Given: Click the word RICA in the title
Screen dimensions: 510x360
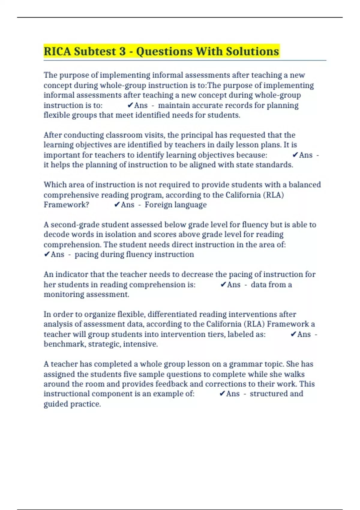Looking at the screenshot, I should (57, 51).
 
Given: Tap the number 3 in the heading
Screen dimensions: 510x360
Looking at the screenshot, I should (122, 51).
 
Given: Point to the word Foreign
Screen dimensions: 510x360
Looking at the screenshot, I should (158, 205).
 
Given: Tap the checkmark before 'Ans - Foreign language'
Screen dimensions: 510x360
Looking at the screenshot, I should (117, 205).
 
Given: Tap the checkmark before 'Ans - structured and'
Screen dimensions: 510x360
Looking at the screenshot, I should (222, 394).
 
